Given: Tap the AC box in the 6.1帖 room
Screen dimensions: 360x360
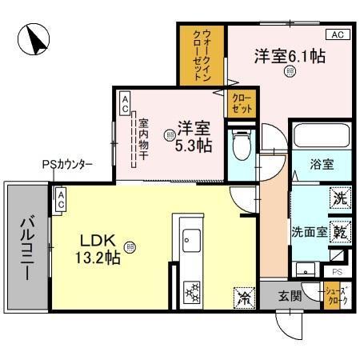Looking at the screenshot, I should point(337,35).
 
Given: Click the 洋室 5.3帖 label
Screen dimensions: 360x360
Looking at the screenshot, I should point(194,134).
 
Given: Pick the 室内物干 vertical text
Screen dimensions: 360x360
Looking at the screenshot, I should point(143,140).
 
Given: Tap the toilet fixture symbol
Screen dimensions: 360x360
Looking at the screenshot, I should point(239,149).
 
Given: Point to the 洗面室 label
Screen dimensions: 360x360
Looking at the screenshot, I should point(309,233).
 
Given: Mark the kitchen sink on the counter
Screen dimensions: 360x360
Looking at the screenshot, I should point(193,239).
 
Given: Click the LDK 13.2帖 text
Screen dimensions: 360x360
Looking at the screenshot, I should point(99,249).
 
